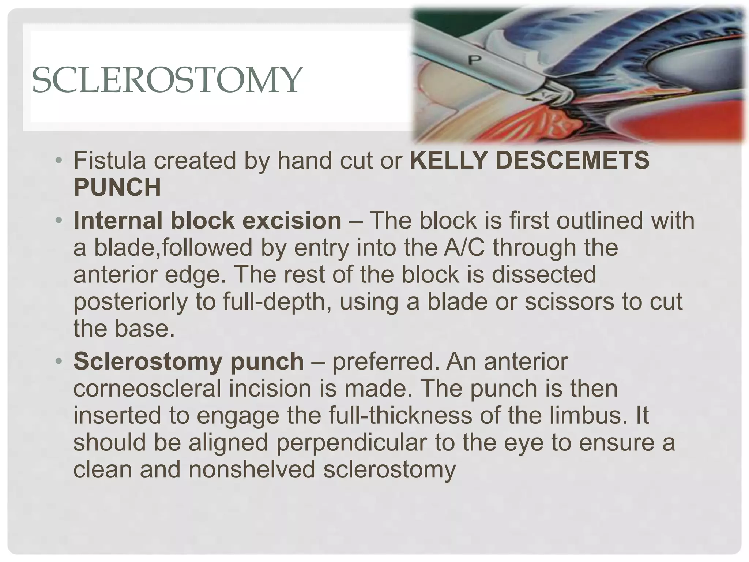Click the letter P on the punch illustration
point(474,60)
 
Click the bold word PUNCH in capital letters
point(117,187)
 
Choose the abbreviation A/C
point(464,248)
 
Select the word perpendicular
point(351,442)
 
